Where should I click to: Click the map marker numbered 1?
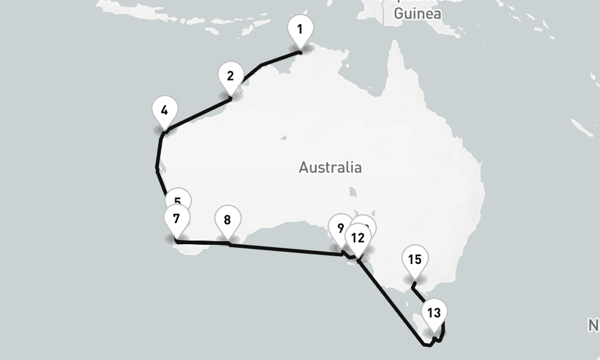click(x=300, y=29)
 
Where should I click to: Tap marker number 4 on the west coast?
click(x=164, y=110)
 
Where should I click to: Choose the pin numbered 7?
click(x=176, y=218)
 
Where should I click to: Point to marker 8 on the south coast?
click(x=227, y=220)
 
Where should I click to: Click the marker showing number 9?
click(x=340, y=228)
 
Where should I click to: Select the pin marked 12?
click(x=358, y=238)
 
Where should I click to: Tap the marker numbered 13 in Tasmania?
click(x=434, y=313)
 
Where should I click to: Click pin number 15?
click(x=415, y=260)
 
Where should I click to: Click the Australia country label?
click(x=330, y=167)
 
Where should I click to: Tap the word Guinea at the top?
click(x=418, y=13)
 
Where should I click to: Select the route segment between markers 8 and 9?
click(x=282, y=249)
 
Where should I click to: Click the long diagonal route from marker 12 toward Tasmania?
click(x=390, y=300)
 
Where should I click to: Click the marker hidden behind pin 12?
click(x=367, y=224)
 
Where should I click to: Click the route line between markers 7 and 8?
click(x=201, y=242)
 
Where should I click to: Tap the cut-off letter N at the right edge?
click(x=594, y=325)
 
